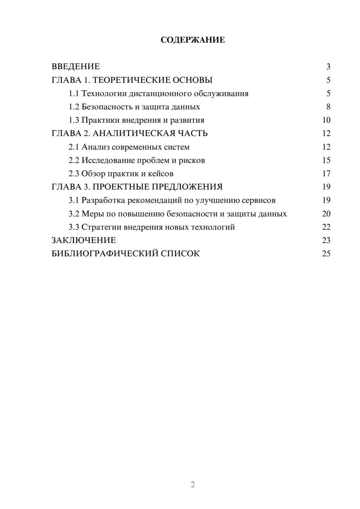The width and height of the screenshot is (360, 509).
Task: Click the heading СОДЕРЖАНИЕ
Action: [x=193, y=40]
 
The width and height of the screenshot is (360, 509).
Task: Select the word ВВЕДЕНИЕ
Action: [x=76, y=67]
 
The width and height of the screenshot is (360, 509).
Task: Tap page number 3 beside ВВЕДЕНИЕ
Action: [x=328, y=67]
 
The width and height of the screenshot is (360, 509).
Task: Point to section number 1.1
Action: [x=74, y=94]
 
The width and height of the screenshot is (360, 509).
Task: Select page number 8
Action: [x=328, y=107]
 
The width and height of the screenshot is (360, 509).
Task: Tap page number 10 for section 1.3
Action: [x=326, y=120]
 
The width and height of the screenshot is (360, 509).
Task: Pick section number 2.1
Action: [x=74, y=147]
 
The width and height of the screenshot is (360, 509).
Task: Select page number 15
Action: [x=326, y=160]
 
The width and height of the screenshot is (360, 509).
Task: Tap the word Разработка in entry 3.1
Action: [x=103, y=200]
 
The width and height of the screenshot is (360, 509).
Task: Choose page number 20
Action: [x=326, y=214]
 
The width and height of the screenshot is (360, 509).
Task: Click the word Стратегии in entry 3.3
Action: [x=101, y=227]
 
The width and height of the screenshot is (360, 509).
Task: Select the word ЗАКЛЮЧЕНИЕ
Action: [x=84, y=240]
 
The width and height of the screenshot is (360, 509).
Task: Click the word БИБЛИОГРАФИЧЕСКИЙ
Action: [x=104, y=254]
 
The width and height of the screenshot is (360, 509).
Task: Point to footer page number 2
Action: [x=193, y=485]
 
